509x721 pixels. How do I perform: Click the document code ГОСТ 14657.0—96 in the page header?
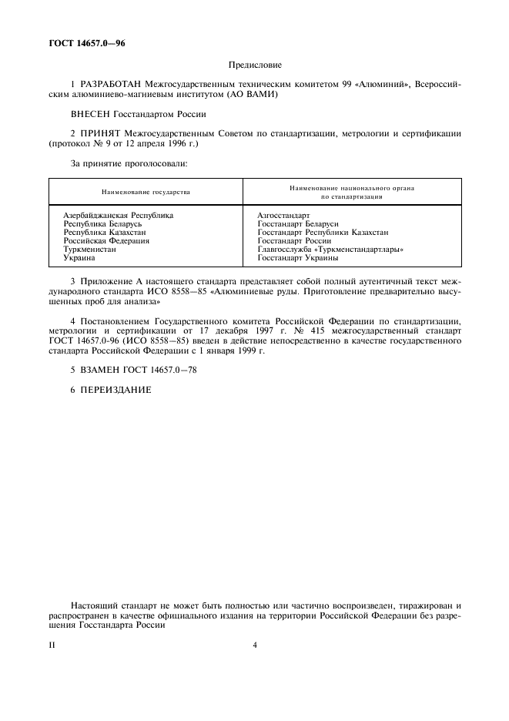tap(87, 43)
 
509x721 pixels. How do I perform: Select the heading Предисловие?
tap(255, 65)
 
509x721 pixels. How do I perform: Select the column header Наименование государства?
tap(146, 192)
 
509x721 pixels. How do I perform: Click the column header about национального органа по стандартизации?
tap(352, 192)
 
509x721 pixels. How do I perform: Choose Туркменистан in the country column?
tap(89, 250)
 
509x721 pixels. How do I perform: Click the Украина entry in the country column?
tap(79, 258)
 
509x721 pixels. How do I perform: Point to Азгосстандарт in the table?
tap(283, 215)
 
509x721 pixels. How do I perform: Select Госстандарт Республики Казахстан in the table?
tap(323, 232)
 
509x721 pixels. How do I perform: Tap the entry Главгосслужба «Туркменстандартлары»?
tap(331, 250)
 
